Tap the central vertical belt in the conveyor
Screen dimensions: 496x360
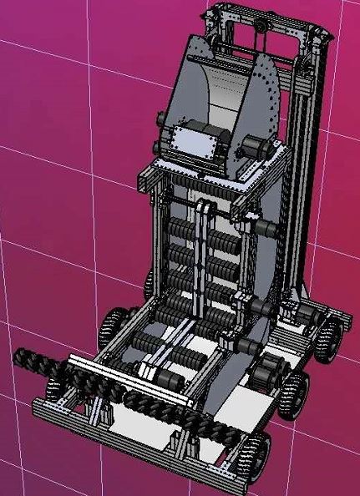click(201, 259)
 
